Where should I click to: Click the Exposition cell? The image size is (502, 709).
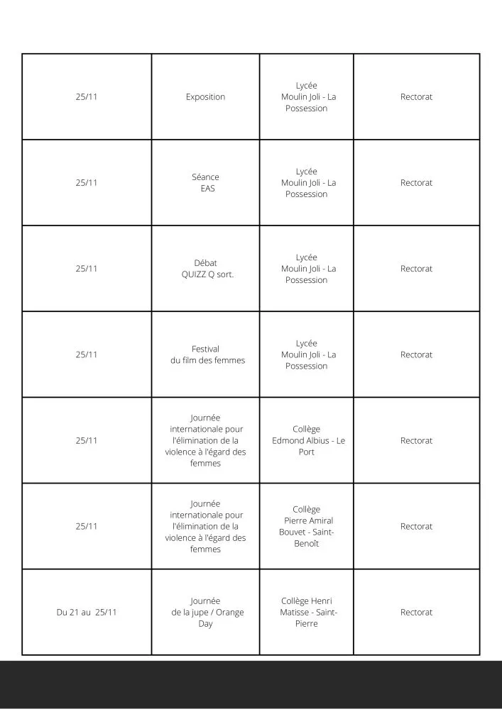tap(205, 97)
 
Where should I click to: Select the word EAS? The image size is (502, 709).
tap(207, 189)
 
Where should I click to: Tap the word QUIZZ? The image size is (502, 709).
tap(194, 274)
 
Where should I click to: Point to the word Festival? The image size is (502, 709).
tap(205, 349)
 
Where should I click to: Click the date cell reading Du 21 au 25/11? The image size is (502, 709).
tap(87, 613)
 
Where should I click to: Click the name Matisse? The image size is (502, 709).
tap(298, 613)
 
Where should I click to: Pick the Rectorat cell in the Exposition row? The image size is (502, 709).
tap(416, 97)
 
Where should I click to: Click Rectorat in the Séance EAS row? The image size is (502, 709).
tap(416, 183)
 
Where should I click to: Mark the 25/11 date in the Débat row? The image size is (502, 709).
tap(87, 269)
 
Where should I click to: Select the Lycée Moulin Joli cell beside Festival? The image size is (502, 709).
tap(307, 354)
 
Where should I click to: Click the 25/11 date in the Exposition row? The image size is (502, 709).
tap(87, 97)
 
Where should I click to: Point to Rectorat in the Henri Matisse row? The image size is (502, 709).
tap(416, 613)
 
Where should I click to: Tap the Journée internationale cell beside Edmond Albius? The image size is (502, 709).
tap(205, 440)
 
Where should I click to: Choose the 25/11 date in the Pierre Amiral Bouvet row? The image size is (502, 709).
tap(87, 526)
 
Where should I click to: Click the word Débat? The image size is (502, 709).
tap(205, 263)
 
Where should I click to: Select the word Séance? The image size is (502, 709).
tap(205, 177)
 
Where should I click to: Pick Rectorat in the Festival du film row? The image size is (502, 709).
tap(416, 354)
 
